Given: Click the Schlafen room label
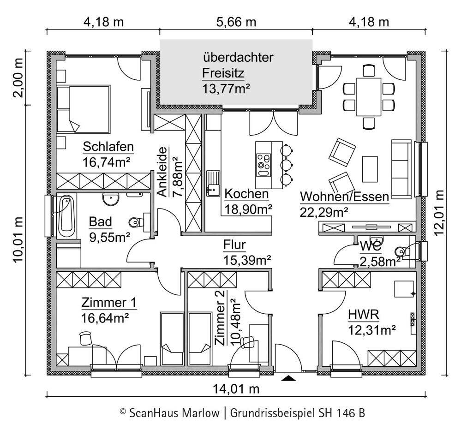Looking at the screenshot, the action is [x=108, y=147].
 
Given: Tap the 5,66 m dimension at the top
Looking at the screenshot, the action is [x=236, y=22].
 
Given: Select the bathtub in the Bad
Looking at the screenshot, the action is [x=66, y=216].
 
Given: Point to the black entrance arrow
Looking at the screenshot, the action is [x=288, y=378].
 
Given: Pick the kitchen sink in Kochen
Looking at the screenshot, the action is [x=213, y=183].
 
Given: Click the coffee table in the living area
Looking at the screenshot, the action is [x=370, y=169].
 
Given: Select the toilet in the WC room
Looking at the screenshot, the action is [x=402, y=251].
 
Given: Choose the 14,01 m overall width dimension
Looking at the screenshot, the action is [x=236, y=389].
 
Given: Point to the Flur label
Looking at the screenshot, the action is [x=234, y=245].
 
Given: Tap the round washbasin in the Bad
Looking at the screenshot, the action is [x=111, y=199].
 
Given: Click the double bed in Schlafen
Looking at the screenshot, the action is [x=84, y=109].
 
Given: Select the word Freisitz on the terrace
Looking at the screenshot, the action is [x=223, y=73].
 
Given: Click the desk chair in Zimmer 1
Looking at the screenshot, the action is [x=85, y=338].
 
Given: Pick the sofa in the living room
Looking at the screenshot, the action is [x=401, y=169].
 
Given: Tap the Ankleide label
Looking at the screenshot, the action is [x=162, y=172].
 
